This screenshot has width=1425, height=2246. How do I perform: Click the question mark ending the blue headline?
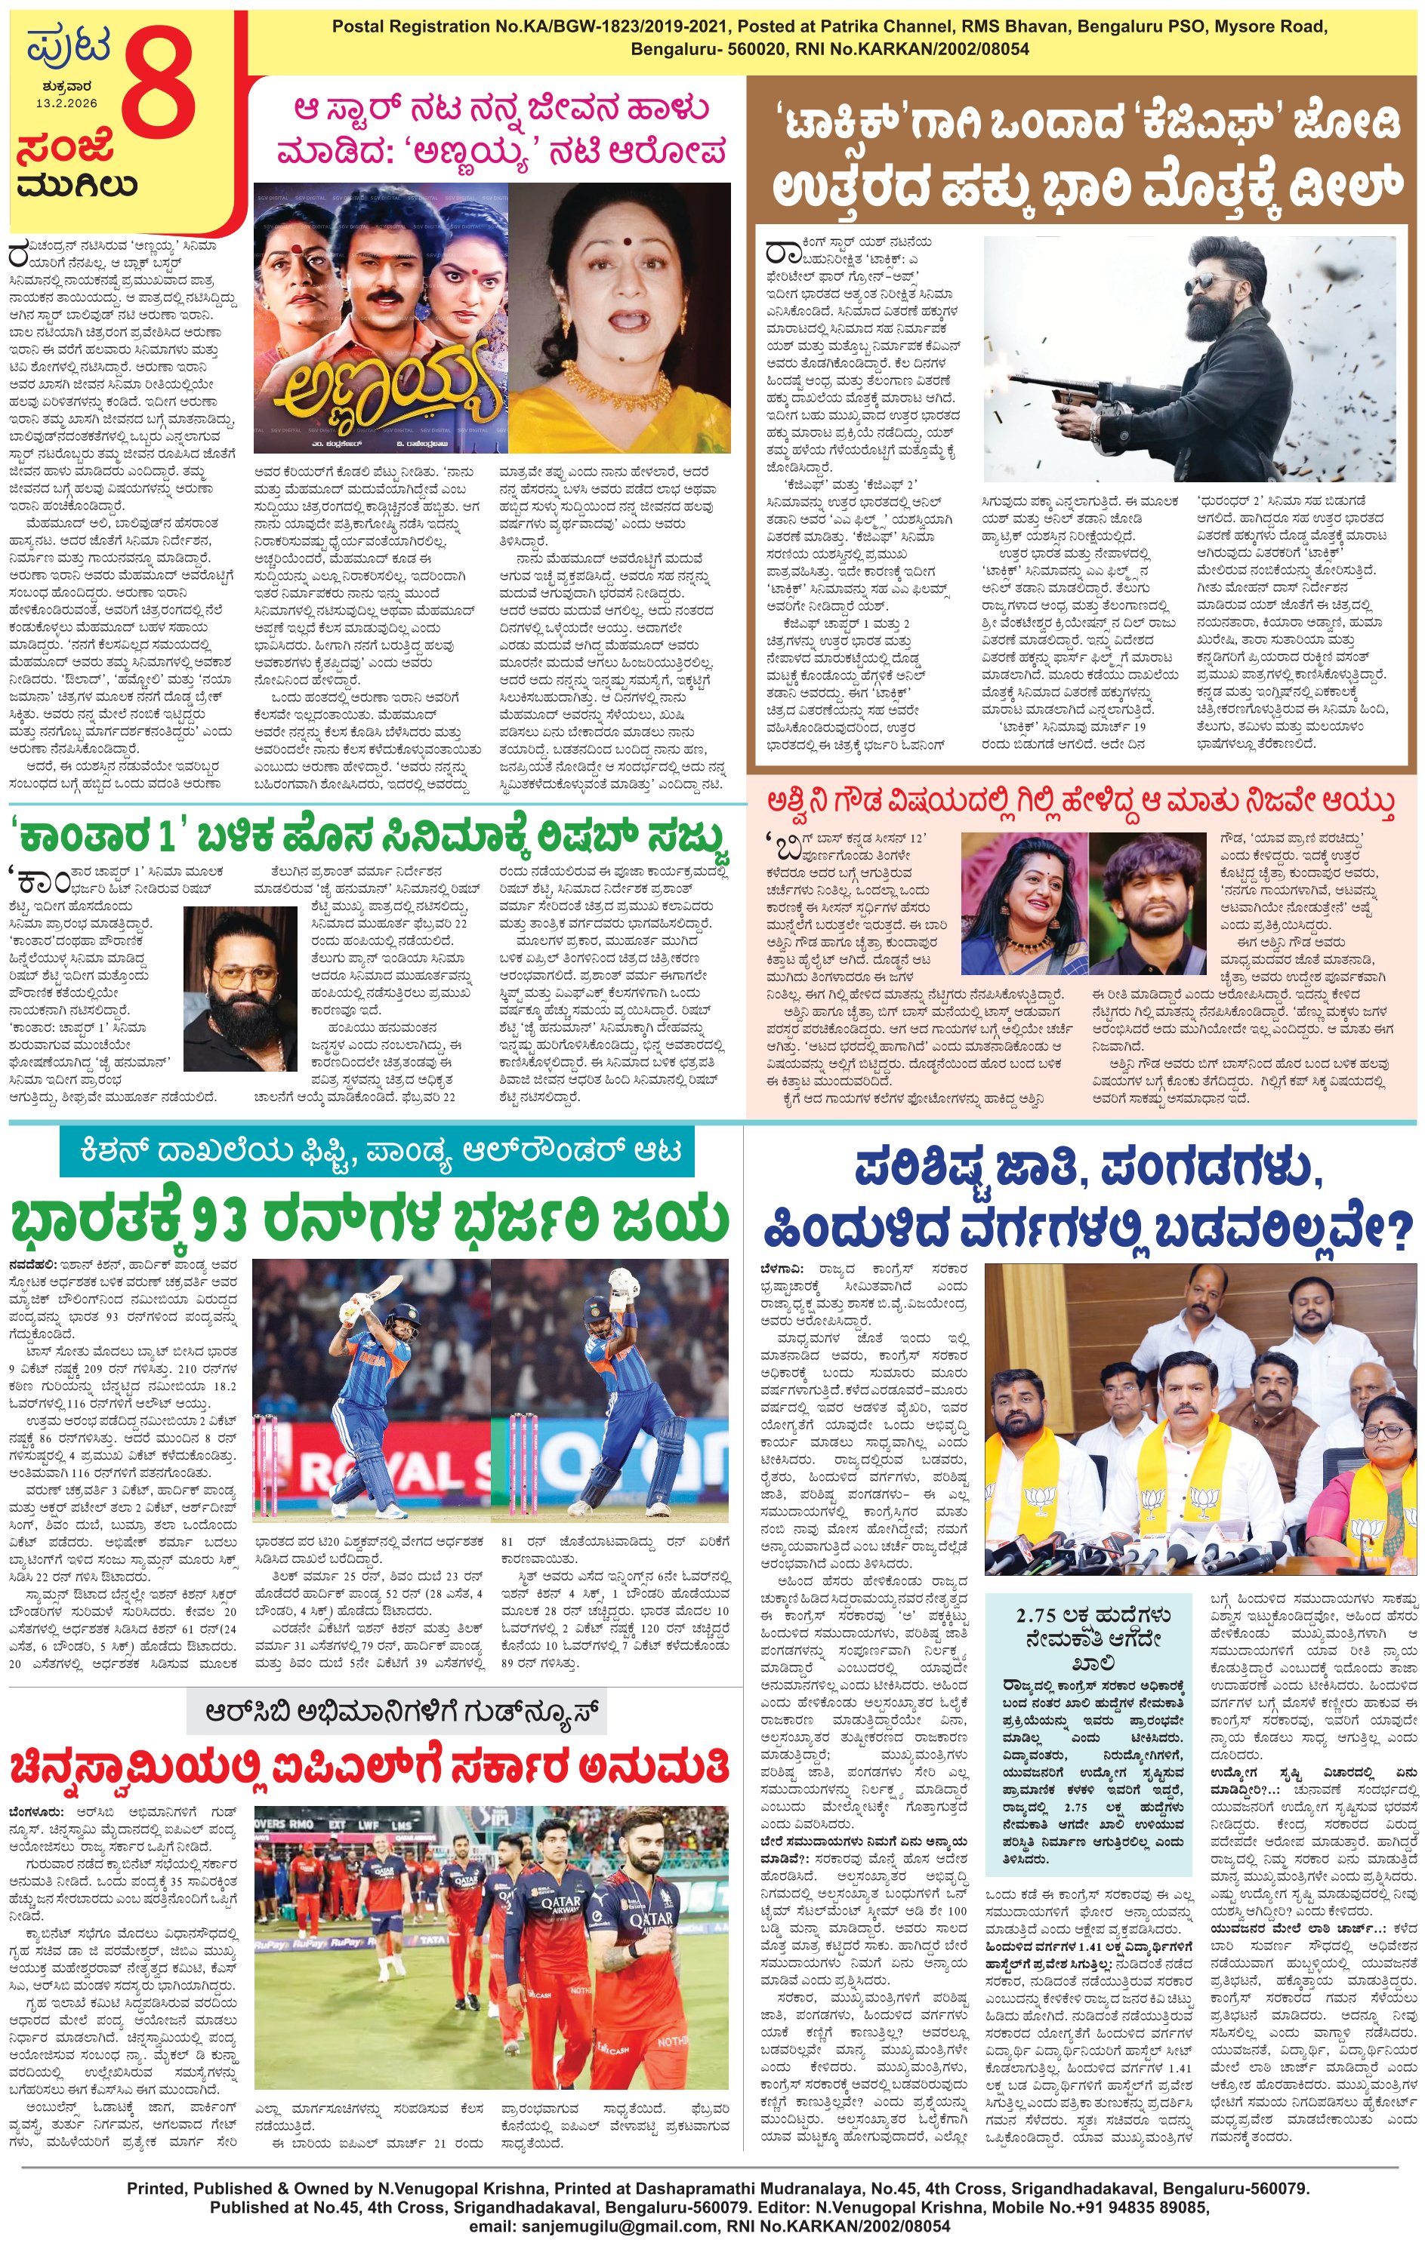1393,1231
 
